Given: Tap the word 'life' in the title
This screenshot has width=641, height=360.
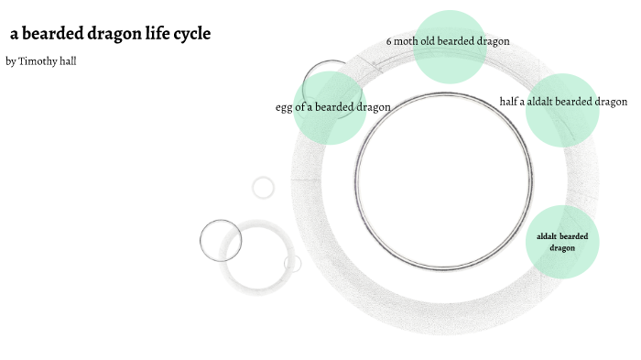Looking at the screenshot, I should pos(158,35).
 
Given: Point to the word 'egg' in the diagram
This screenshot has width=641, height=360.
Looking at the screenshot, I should pos(284,107).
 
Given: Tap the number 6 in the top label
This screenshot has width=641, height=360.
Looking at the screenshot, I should pos(389,41).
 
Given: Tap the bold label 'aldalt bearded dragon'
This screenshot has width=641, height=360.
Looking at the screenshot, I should pos(562,242).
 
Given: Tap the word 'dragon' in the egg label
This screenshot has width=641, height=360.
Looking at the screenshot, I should pos(373,107).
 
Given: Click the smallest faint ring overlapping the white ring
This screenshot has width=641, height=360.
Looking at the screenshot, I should pos(293,264).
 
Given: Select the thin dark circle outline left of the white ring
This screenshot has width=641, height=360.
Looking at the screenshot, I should pos(221,240).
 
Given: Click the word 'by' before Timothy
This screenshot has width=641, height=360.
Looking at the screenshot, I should pos(10,61).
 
